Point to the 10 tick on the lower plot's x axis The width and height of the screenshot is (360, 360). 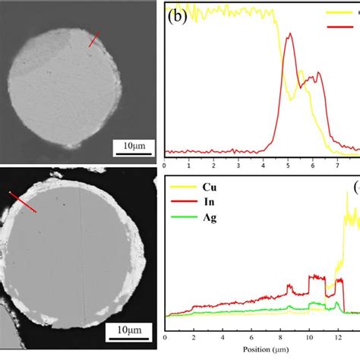click(309, 336)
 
